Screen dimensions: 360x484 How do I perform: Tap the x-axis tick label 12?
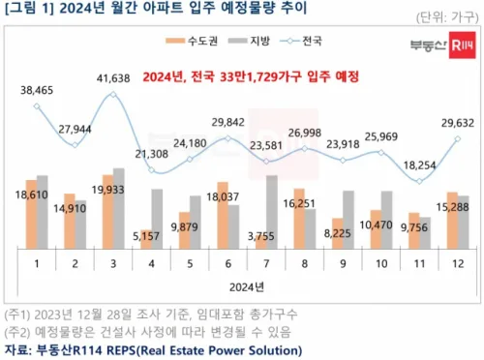[452, 263]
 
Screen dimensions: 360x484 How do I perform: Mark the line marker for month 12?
[456, 138]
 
